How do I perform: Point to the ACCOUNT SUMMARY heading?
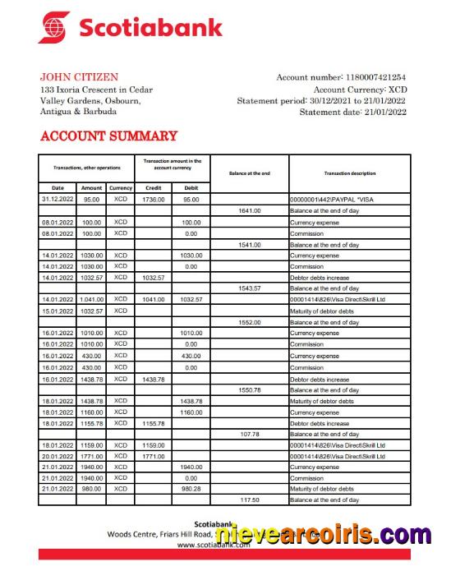[x=108, y=136]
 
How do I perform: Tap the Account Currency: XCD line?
[x=360, y=89]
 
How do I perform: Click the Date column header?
[x=58, y=188]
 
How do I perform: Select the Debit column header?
[x=191, y=188]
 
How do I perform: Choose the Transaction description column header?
[x=349, y=173]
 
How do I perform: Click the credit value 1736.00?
[x=153, y=199]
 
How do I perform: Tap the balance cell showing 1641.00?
[x=250, y=211]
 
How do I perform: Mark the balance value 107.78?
[x=250, y=434]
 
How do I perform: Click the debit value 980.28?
[x=191, y=489]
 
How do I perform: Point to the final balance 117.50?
[x=250, y=500]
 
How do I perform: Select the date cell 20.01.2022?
[x=58, y=456]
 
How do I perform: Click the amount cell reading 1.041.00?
[x=91, y=300]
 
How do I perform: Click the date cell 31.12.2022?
[x=58, y=199]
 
